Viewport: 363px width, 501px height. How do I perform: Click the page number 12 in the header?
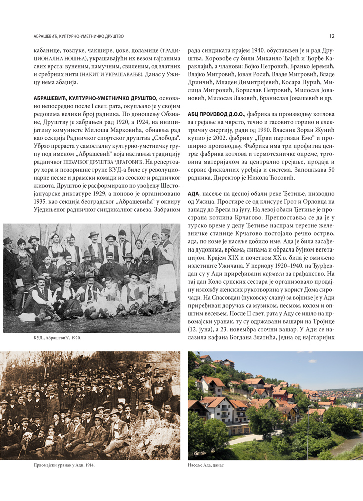(332, 36)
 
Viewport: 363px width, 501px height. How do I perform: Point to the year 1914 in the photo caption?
(87, 465)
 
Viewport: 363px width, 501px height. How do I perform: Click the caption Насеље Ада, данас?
(206, 465)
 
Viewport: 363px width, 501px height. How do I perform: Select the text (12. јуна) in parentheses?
(202, 323)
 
